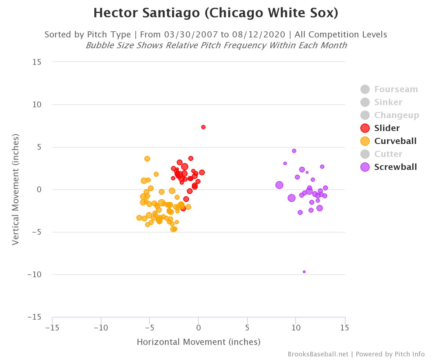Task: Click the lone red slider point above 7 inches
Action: (x=203, y=127)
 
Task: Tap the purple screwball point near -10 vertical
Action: (x=304, y=272)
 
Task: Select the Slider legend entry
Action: (x=387, y=128)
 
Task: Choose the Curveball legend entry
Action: (x=395, y=141)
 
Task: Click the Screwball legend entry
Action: (x=395, y=167)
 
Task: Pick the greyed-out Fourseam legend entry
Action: (x=396, y=89)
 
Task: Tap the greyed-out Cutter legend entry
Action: (x=388, y=154)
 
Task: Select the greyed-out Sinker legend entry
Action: (x=388, y=102)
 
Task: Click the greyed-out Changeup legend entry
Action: (x=396, y=115)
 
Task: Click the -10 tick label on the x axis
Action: (x=101, y=328)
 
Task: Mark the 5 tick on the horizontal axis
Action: (x=247, y=328)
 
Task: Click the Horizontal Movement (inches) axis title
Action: (x=198, y=342)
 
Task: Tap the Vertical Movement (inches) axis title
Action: (x=15, y=190)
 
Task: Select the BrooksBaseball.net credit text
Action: (x=318, y=354)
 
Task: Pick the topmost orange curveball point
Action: (x=147, y=159)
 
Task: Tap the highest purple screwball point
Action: (x=294, y=151)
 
